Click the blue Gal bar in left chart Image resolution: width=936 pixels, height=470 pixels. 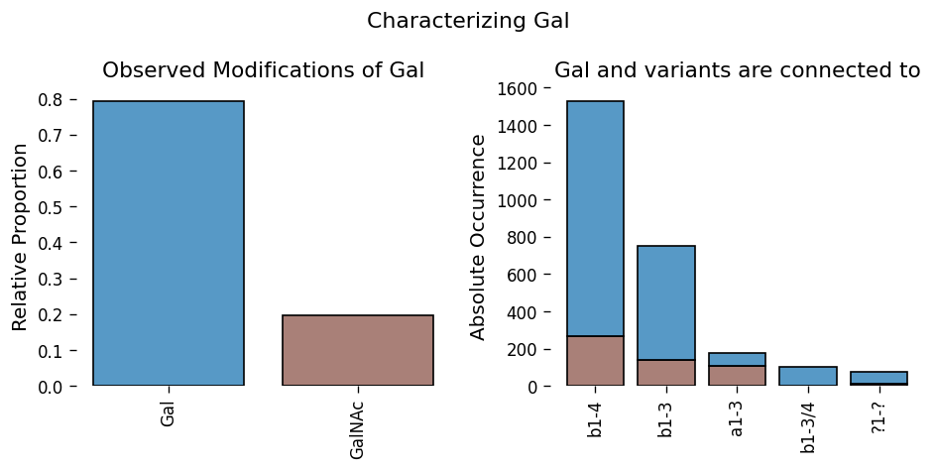[x=169, y=243]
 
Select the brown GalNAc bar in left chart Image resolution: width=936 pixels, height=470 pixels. [x=358, y=350]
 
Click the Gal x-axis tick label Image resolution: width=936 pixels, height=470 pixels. [x=168, y=412]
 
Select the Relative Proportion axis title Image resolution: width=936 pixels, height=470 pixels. [x=20, y=237]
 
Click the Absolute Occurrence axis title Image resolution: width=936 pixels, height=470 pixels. [x=478, y=237]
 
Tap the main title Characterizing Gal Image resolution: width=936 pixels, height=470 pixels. [x=468, y=21]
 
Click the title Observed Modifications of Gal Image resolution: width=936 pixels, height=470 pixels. [x=264, y=70]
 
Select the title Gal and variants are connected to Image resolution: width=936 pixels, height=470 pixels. [x=738, y=70]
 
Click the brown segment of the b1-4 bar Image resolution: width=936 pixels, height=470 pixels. [x=595, y=361]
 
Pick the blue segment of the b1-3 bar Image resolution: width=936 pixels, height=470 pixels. [x=666, y=302]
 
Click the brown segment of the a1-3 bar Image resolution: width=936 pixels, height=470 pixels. [x=738, y=375]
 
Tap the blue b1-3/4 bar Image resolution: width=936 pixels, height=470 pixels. [x=808, y=376]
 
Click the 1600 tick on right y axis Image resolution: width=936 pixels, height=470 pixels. [x=519, y=89]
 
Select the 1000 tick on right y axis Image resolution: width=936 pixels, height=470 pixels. [x=519, y=200]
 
